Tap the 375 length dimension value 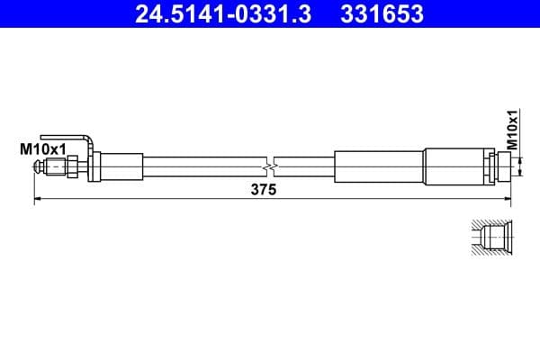coord(263,190)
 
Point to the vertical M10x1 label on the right coord(512,130)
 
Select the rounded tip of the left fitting coord(39,166)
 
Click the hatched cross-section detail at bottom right coord(491,239)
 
